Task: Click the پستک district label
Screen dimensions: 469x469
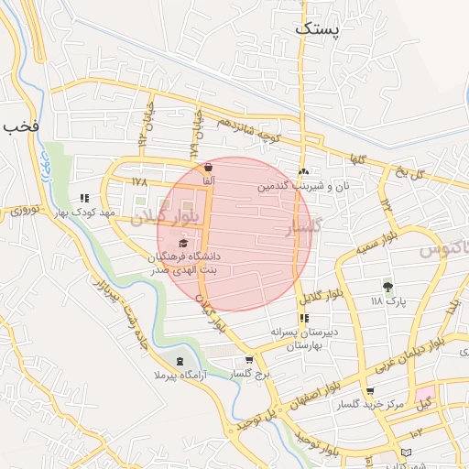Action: (x=317, y=29)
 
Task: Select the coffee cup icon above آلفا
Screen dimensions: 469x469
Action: (x=209, y=168)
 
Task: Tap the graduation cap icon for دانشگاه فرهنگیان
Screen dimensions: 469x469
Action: (x=183, y=243)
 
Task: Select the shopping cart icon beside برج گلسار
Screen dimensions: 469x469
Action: (x=250, y=360)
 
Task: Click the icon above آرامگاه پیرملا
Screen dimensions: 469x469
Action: (x=180, y=360)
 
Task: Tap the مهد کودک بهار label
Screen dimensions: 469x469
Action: (x=84, y=212)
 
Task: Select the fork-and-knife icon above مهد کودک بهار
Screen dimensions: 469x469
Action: (x=84, y=197)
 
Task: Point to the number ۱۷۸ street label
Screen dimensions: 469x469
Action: (x=139, y=181)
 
